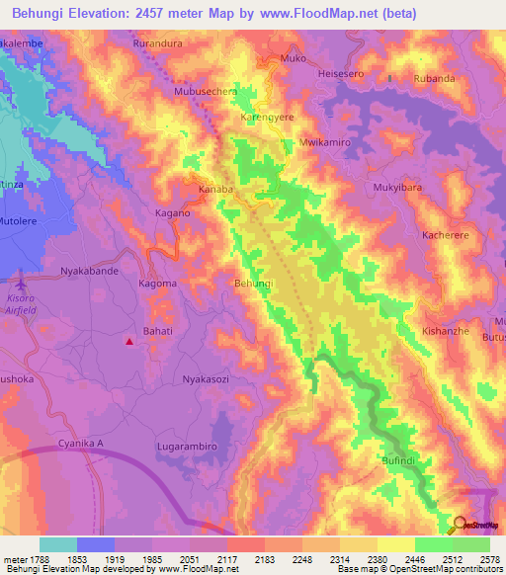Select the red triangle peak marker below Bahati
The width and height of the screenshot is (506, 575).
[129, 342]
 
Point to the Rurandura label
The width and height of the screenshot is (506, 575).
[161, 44]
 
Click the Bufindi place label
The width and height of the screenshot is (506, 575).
[404, 460]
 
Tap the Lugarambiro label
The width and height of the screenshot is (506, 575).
[187, 447]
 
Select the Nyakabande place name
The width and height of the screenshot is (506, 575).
[89, 270]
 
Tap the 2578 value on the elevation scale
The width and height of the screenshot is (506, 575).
[487, 559]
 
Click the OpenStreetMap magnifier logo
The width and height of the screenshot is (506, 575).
[461, 525]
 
